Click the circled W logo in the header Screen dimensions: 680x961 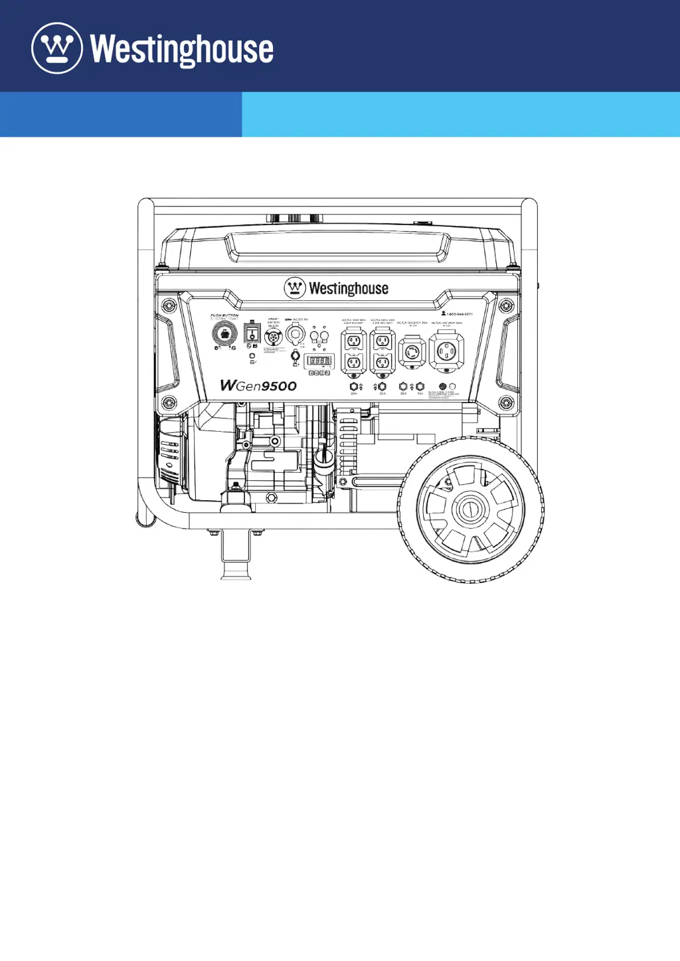point(57,48)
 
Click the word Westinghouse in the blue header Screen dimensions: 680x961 point(181,50)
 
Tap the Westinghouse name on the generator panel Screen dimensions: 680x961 point(348,288)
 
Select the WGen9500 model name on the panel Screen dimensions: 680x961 point(258,386)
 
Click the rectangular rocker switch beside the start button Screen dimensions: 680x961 point(252,333)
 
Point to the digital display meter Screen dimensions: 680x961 point(319,361)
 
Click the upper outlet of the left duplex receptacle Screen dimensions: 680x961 point(354,341)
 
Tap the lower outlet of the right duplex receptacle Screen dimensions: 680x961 point(382,362)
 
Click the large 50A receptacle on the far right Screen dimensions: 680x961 point(446,350)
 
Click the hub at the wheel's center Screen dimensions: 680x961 point(470,510)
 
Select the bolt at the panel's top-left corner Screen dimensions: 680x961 point(169,306)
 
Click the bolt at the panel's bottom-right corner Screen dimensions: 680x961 point(507,402)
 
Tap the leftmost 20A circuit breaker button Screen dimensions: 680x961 point(354,387)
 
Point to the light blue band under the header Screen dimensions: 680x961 point(461,114)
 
